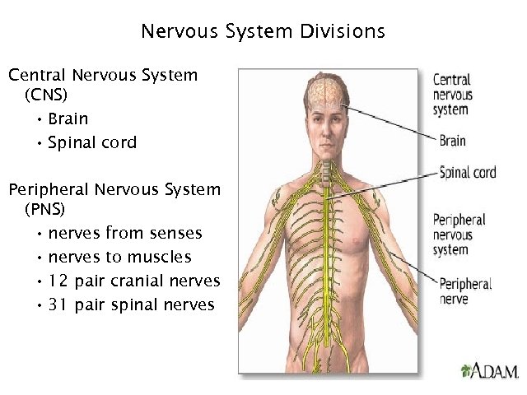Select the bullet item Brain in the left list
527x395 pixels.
click(x=68, y=118)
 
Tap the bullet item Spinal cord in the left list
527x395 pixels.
click(x=92, y=142)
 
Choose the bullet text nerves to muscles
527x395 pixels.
click(x=119, y=257)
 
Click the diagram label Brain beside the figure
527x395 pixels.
click(x=452, y=141)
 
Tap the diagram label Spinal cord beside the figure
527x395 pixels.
click(x=468, y=173)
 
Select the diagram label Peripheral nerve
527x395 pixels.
click(x=465, y=291)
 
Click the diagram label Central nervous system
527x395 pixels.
click(x=453, y=95)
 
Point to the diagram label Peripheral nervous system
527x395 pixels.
click(x=459, y=235)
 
